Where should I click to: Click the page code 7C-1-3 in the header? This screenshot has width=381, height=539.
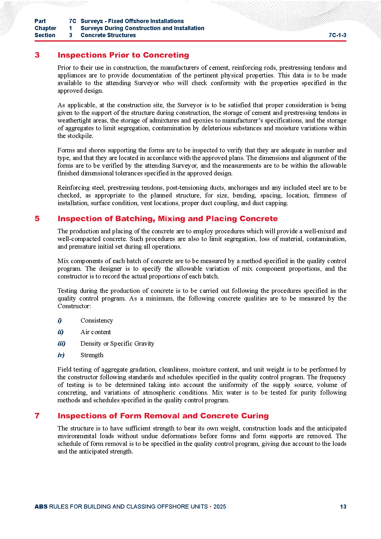[337, 35]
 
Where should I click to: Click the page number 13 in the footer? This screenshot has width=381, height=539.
[343, 507]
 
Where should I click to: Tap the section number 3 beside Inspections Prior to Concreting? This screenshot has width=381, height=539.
[37, 55]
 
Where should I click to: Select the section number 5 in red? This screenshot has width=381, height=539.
[37, 219]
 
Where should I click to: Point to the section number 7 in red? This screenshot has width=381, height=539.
[37, 416]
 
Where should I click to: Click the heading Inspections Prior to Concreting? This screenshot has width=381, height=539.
[123, 55]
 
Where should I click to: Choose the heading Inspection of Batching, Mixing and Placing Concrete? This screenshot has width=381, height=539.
[167, 219]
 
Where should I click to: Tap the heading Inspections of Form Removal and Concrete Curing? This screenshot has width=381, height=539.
[163, 416]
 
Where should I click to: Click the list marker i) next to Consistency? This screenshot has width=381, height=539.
[60, 320]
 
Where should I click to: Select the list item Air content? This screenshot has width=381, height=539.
[96, 332]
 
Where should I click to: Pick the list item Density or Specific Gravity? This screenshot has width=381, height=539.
[117, 343]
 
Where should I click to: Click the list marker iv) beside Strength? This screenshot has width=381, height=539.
[61, 355]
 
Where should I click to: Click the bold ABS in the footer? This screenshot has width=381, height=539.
[41, 507]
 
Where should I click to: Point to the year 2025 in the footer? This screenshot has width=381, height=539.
[219, 507]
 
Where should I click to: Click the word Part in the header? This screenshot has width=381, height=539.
[40, 21]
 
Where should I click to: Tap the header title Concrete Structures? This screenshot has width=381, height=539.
[108, 35]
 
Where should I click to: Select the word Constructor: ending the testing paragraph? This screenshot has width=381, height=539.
[74, 306]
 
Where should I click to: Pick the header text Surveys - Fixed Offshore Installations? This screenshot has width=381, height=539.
[132, 21]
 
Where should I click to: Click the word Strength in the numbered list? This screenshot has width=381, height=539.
[92, 355]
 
